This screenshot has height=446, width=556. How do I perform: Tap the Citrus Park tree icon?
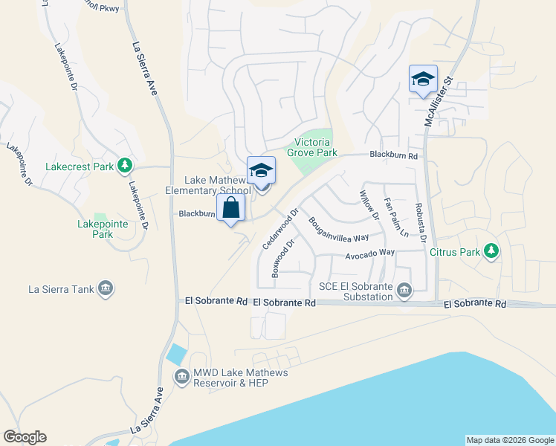pos(491,252)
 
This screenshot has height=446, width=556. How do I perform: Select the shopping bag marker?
pos(230,208)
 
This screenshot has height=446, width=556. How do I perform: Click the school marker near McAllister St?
pos(423,80)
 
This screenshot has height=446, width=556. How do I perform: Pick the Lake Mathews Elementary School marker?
pos(261,171)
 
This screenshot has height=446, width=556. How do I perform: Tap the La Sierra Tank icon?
pos(105,289)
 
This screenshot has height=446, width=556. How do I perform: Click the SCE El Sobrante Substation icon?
pos(404,289)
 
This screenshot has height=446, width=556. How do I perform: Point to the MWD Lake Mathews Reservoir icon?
pos(181,378)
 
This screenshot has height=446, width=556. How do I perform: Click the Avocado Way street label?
pos(369,254)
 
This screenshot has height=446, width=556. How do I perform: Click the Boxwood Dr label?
pos(284,259)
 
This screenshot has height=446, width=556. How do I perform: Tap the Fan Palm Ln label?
pos(395,217)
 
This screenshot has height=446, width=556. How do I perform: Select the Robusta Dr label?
pos(420,223)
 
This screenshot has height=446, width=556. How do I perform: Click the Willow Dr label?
pos(369,206)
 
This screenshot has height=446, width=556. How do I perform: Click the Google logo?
pos(25,437)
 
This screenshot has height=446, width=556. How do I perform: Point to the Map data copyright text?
pos(510,440)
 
